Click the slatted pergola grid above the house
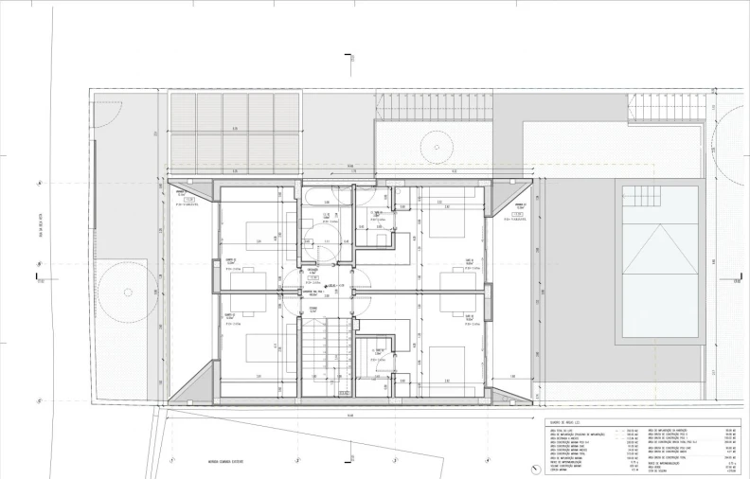point(234,132)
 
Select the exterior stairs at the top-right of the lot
point(667,111)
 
